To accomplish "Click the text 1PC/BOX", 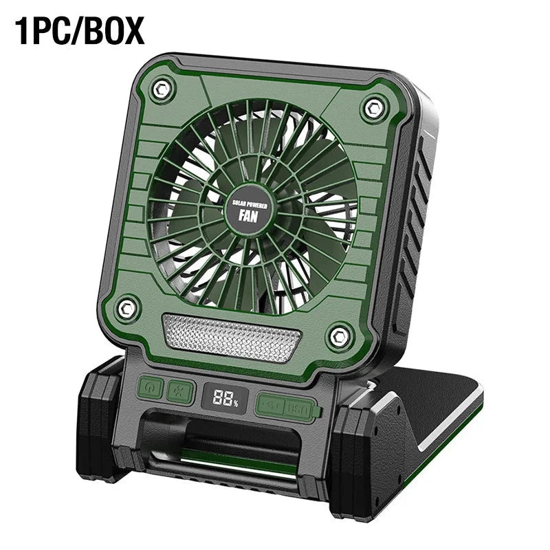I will click(x=81, y=31).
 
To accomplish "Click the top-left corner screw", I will click(x=162, y=87).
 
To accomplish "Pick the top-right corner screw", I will click(x=373, y=107).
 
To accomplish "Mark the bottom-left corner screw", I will click(x=126, y=307).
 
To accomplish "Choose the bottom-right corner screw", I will click(x=338, y=336).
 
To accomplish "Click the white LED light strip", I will click(x=232, y=334).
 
